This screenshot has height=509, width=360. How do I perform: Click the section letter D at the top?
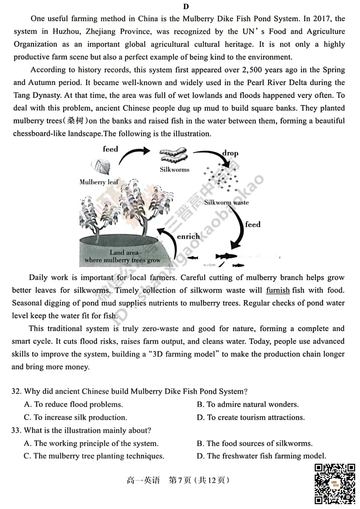click(x=186, y=7)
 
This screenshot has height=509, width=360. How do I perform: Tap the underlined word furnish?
click(x=278, y=290)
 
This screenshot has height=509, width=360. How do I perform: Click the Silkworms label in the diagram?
click(x=174, y=170)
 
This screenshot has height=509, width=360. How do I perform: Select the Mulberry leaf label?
click(x=99, y=182)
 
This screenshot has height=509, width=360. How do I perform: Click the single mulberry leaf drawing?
click(x=101, y=166)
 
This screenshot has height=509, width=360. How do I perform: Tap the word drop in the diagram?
click(x=230, y=153)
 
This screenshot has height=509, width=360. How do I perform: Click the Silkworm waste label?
click(x=226, y=203)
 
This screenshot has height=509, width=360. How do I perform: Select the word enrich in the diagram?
click(x=188, y=237)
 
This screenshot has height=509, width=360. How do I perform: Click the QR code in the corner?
click(x=335, y=483)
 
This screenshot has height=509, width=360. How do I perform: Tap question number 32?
click(x=16, y=391)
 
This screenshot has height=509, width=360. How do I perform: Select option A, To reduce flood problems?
click(x=74, y=404)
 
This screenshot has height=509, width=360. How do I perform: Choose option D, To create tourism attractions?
click(x=251, y=417)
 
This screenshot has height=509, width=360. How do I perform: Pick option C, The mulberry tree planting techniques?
click(x=94, y=456)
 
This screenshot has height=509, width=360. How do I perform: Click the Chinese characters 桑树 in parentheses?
click(x=75, y=121)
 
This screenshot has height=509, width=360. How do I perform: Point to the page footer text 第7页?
click(x=180, y=480)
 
